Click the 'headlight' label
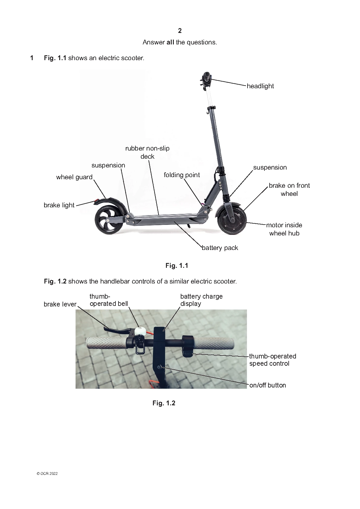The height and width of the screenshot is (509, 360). pyautogui.click(x=260, y=86)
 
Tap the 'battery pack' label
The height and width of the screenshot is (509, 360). pyautogui.click(x=220, y=248)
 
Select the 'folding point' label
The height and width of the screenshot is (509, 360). pyautogui.click(x=182, y=175)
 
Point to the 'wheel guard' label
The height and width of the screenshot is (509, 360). pyautogui.click(x=74, y=177)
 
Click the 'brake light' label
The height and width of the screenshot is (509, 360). pyautogui.click(x=59, y=205)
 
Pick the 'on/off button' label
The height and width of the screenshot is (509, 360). pyautogui.click(x=268, y=385)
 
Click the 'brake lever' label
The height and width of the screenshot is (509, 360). pyautogui.click(x=60, y=304)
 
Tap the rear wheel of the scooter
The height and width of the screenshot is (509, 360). pyautogui.click(x=109, y=220)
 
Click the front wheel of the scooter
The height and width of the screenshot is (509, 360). pyautogui.click(x=232, y=220)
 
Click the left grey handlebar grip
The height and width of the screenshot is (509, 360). pyautogui.click(x=106, y=343)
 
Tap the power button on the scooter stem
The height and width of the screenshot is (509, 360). pyautogui.click(x=159, y=367)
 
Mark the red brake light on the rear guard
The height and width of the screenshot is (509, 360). pyautogui.click(x=96, y=201)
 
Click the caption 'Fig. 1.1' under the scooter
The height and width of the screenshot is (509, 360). pyautogui.click(x=177, y=266)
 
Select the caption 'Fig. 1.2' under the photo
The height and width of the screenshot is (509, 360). pyautogui.click(x=164, y=403)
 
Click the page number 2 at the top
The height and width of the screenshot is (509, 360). pyautogui.click(x=180, y=31)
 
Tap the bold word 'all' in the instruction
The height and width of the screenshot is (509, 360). pyautogui.click(x=170, y=42)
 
